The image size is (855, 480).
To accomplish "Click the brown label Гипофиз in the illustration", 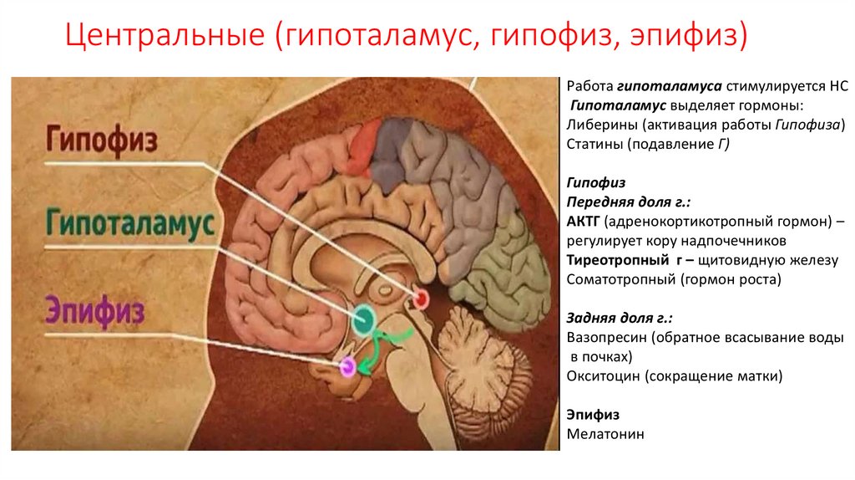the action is coord(101,140).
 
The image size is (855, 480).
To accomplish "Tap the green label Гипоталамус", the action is coord(130,224).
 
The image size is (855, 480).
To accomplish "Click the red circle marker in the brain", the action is coord(420,298).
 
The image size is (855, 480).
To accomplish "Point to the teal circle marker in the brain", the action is coord(364,319).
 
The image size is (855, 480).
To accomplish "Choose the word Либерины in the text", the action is coord(598,125).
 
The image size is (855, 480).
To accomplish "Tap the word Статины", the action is coord(594,145).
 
